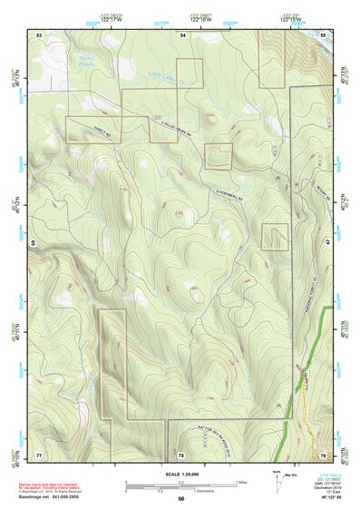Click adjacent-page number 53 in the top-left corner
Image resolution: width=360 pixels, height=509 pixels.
[x=39, y=34]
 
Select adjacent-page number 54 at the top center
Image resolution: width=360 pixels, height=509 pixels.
[x=181, y=34]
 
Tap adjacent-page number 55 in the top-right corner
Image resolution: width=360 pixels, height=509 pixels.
[x=324, y=34]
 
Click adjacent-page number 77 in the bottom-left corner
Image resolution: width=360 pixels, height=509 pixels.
[x=39, y=453]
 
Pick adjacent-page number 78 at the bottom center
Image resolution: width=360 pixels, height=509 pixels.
[x=181, y=453]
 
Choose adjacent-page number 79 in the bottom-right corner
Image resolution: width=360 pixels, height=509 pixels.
[x=324, y=453]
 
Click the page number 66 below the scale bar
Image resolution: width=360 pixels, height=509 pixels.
[x=181, y=499]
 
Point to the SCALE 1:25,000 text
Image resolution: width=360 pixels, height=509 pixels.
[x=181, y=474]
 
